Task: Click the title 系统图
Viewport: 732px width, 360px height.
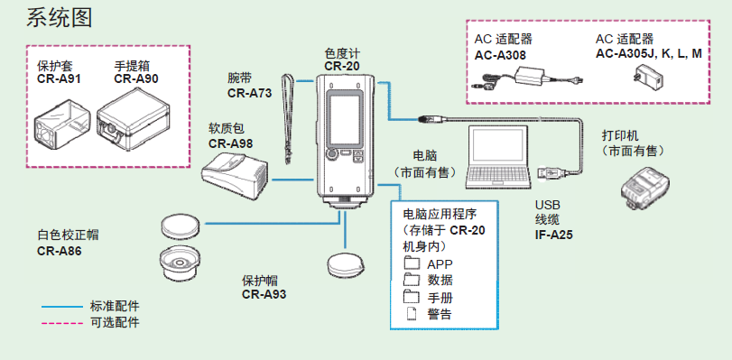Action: point(59,18)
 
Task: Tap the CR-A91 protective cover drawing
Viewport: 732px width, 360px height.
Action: point(62,123)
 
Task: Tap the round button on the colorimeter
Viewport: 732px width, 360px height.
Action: point(331,154)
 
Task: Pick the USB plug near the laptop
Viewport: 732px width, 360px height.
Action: point(551,172)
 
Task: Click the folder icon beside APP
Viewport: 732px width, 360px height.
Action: point(412,263)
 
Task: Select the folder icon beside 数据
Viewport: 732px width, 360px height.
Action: point(412,280)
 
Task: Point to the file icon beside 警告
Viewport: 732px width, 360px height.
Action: point(412,314)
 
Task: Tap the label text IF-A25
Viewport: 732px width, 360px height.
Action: point(553,235)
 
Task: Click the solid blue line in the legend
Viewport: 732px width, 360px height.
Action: point(61,307)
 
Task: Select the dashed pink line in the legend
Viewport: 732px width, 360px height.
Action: point(61,323)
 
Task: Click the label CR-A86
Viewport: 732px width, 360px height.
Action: point(60,251)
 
